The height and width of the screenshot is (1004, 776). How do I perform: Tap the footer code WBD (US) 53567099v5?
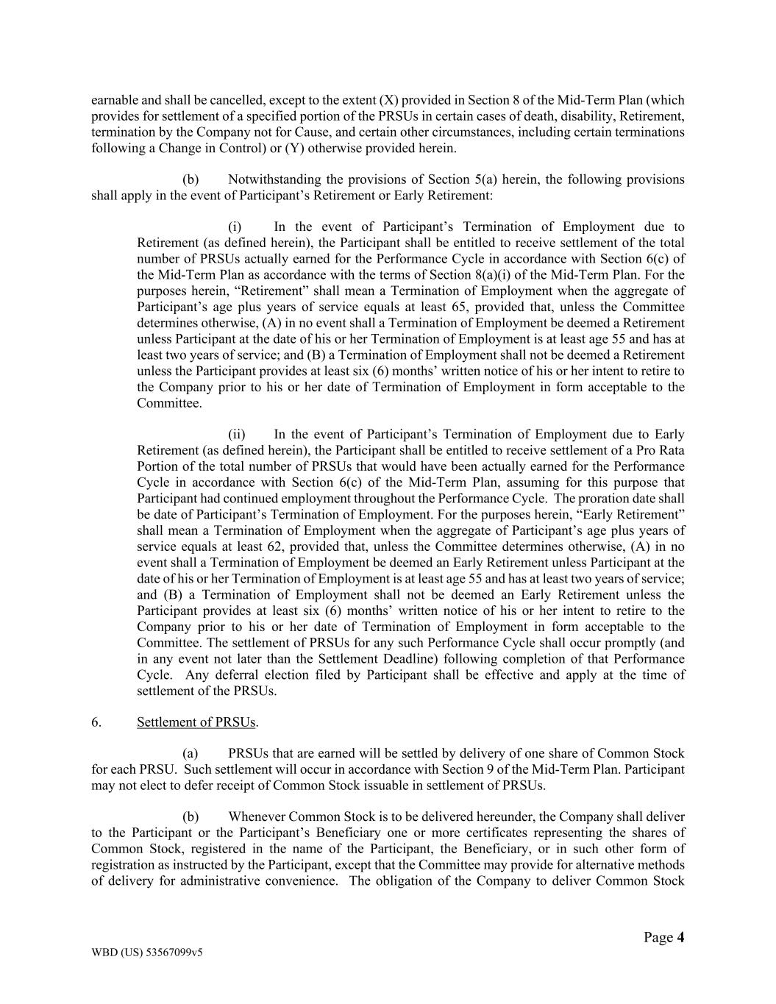pos(146,952)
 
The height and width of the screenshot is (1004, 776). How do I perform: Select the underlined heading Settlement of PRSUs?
pos(196,722)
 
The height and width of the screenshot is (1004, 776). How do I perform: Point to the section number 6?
pos(96,722)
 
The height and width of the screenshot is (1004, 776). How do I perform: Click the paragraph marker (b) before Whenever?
pos(191,816)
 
